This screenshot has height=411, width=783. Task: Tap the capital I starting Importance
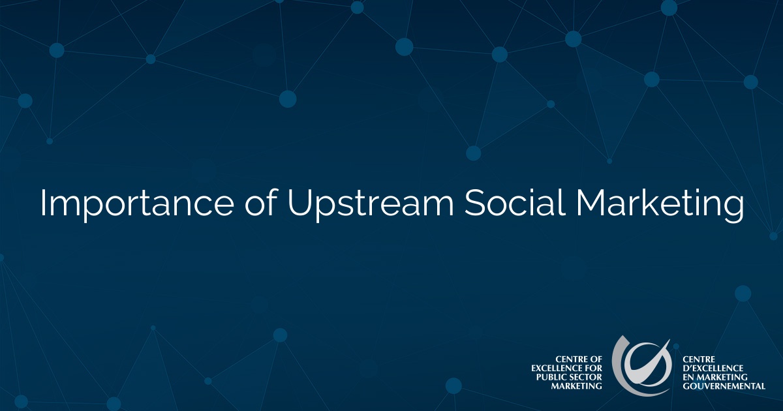click(43, 204)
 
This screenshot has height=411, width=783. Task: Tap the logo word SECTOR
click(587, 377)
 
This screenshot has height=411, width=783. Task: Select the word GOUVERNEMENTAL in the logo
click(724, 386)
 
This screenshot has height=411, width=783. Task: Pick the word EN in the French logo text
click(688, 377)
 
